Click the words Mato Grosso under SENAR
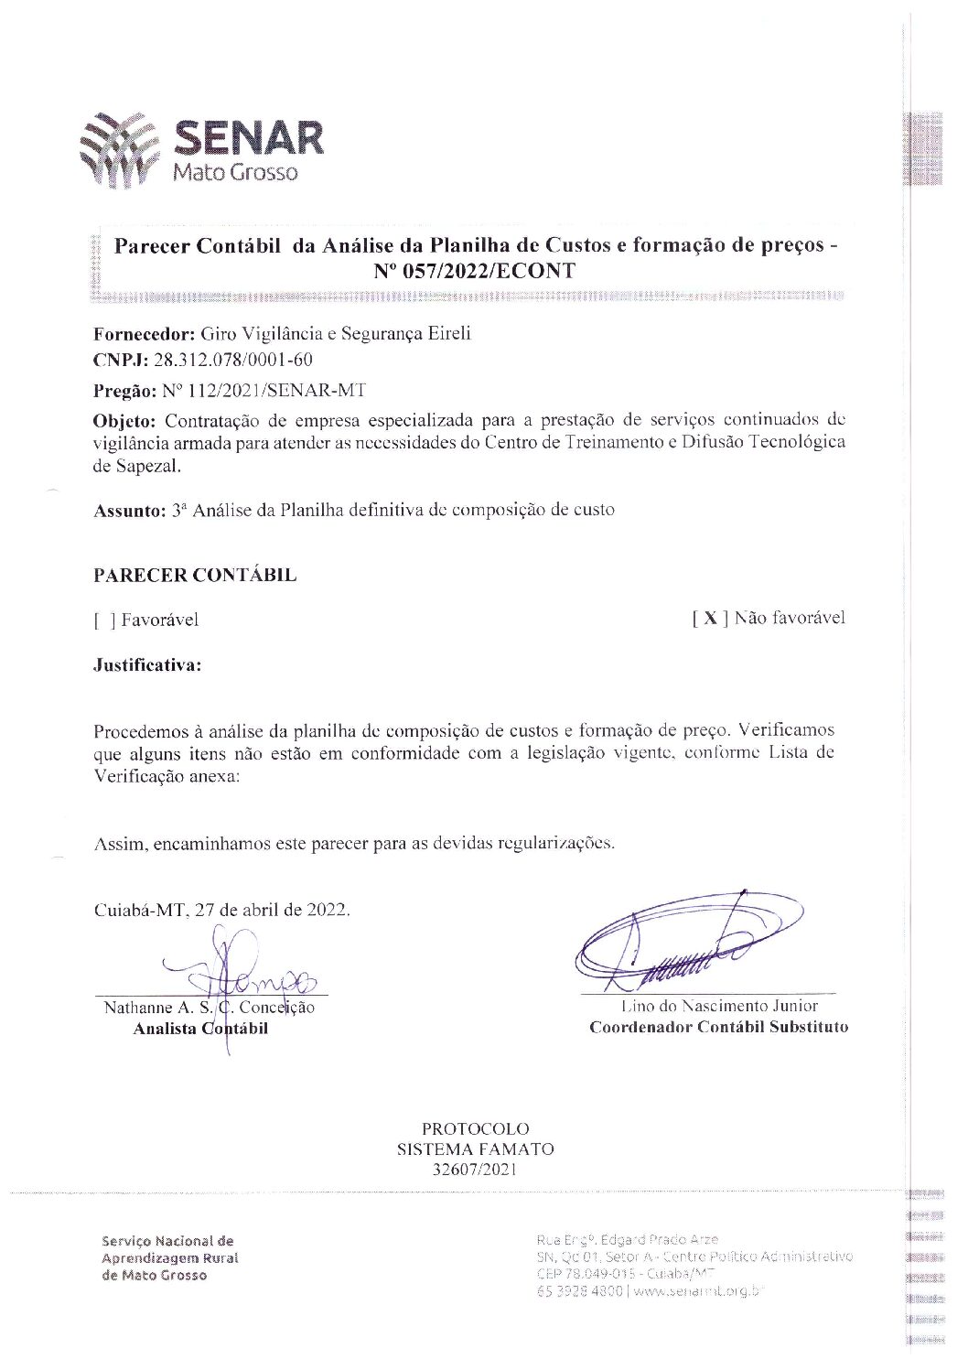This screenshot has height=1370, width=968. [x=235, y=172]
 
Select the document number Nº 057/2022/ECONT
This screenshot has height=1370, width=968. [x=474, y=271]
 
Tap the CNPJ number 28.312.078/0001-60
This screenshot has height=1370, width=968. [x=232, y=360]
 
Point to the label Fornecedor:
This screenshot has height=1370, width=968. [x=145, y=334]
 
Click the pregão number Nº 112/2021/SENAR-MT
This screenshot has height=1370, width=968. [x=264, y=391]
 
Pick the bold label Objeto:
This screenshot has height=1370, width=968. [x=124, y=421]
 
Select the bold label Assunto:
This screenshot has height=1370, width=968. [x=130, y=511]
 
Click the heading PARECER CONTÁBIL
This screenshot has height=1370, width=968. [x=195, y=576]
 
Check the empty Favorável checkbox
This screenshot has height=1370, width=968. [x=104, y=620]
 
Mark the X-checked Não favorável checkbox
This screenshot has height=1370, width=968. [x=710, y=619]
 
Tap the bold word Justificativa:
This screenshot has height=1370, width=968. [x=147, y=665]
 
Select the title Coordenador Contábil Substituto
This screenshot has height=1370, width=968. [x=718, y=1027]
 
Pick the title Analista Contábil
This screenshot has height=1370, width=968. [x=200, y=1029]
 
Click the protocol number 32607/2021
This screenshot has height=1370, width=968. [x=475, y=1170]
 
